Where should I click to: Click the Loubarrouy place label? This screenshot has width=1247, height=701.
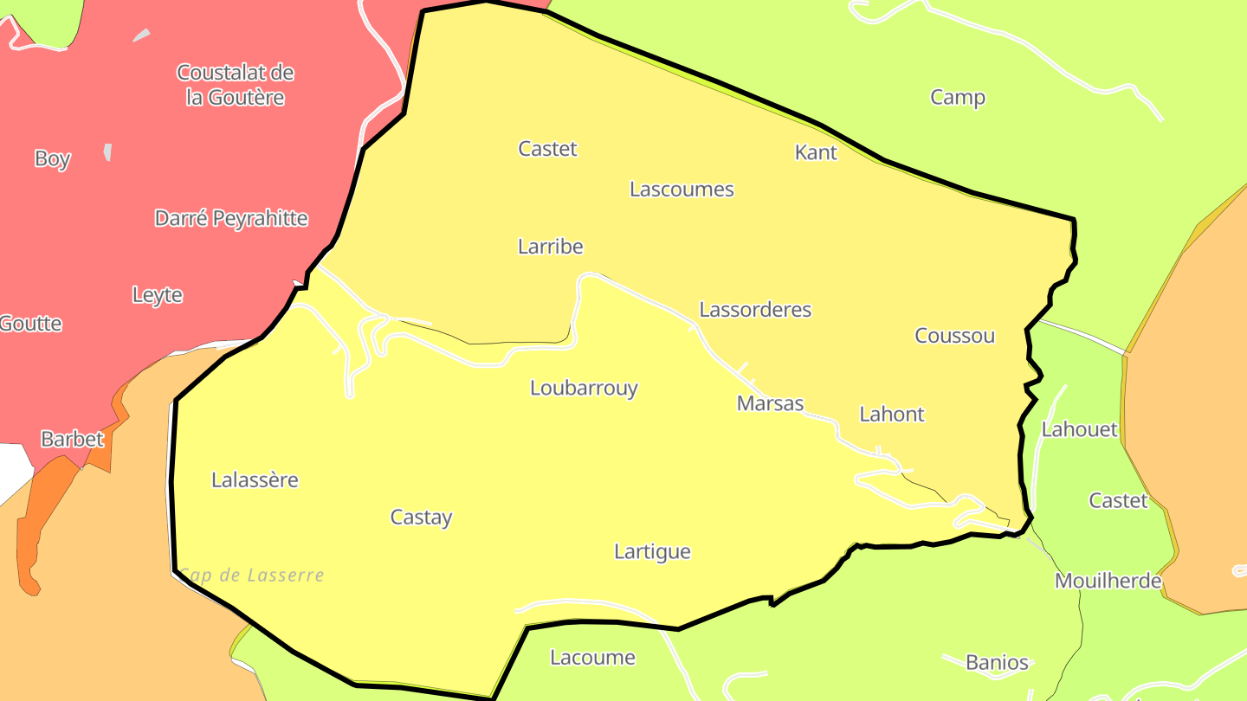click(584, 388)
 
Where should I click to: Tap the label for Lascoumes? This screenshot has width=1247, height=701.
click(682, 189)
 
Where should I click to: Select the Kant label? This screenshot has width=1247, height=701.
click(816, 152)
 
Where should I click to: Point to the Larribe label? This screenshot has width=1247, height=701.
click(551, 247)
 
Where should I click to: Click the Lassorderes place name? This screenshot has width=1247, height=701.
click(755, 309)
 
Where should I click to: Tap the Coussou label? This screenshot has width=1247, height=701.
click(955, 336)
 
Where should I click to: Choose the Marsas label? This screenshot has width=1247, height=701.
click(770, 403)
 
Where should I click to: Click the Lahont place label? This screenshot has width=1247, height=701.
click(892, 415)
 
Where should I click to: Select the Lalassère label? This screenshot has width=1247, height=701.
click(255, 479)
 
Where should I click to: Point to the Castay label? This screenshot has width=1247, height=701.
click(422, 518)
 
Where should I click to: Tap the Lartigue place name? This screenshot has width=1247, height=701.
click(652, 551)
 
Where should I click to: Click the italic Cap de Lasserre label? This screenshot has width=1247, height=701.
click(251, 576)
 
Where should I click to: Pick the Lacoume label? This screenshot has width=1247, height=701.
click(593, 658)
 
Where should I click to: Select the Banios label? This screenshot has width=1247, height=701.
click(997, 663)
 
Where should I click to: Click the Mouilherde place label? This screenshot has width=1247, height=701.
click(1108, 581)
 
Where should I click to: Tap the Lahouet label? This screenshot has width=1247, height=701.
click(1079, 429)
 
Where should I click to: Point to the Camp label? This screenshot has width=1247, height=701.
click(958, 97)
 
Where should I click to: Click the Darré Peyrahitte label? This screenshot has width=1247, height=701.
click(231, 218)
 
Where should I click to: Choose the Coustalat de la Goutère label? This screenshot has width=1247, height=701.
click(236, 85)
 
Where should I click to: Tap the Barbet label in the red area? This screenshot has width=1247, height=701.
click(73, 439)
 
